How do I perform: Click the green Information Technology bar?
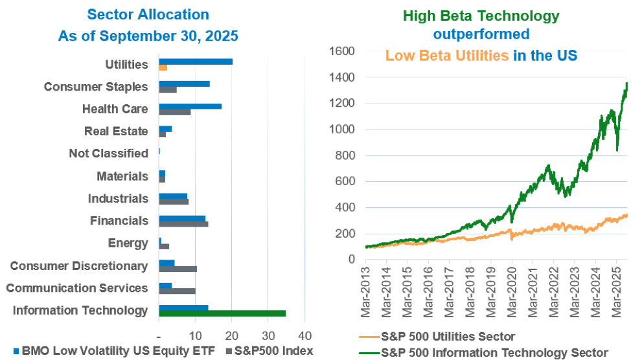222,314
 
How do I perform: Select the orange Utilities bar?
163,67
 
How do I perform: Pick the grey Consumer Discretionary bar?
178,269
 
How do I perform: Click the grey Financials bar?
183,224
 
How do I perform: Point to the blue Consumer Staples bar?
184,84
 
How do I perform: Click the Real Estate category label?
116,131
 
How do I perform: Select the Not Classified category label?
108,153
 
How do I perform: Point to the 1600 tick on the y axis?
342,51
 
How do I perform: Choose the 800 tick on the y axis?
345,155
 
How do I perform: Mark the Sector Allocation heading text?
148,14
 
